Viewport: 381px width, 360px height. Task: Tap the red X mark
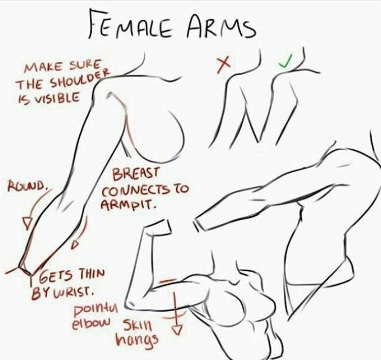pyautogui.click(x=224, y=64)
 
